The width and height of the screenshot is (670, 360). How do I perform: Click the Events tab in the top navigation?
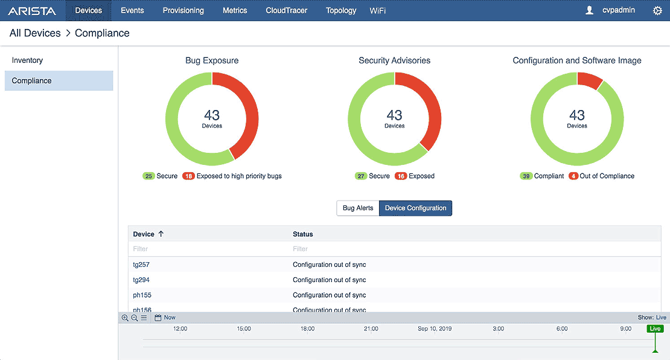[132, 10]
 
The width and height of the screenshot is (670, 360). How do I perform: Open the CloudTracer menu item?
[286, 10]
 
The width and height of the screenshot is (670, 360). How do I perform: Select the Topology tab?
[341, 10]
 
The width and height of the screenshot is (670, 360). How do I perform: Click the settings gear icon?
[657, 10]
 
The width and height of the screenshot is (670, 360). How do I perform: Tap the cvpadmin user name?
[619, 10]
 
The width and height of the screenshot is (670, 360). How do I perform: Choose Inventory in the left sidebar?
[27, 60]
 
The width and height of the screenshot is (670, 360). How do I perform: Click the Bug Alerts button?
[358, 208]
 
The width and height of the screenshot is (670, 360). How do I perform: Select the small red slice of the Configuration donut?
[589, 80]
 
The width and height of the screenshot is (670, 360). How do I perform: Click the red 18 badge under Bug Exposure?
[188, 176]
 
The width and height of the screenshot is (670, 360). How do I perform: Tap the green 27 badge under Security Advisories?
[361, 176]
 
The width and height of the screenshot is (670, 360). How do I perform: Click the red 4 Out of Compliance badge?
[573, 176]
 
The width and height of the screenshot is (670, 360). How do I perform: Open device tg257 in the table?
[141, 265]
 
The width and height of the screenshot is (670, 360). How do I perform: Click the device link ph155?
[142, 295]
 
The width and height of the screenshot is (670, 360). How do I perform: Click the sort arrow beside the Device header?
[161, 234]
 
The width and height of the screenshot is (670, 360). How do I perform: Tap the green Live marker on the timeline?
[654, 329]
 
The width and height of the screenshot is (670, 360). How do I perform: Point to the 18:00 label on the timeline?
[307, 329]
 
